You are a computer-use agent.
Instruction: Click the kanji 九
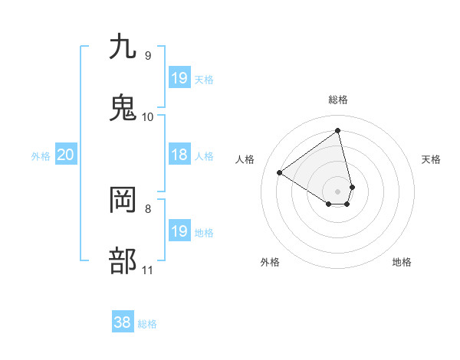click(123, 47)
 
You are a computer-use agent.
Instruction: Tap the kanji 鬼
click(123, 108)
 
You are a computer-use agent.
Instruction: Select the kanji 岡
click(123, 200)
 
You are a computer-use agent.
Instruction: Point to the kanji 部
click(123, 261)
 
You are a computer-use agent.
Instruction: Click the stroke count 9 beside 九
click(148, 56)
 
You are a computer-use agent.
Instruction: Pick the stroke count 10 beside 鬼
click(148, 117)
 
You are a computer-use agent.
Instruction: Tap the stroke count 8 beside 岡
click(148, 208)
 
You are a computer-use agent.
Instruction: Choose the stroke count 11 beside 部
click(148, 270)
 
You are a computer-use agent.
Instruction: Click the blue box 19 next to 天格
click(179, 78)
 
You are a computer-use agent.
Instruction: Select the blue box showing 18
click(179, 155)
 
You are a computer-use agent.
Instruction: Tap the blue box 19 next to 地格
click(179, 231)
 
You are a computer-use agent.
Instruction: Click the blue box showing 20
click(65, 155)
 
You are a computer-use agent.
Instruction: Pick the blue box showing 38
click(123, 322)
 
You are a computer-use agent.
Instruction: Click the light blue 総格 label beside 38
click(147, 324)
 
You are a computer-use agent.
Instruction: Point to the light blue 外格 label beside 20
click(41, 156)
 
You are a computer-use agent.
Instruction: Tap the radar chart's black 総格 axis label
click(338, 100)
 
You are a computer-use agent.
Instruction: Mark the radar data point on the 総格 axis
click(338, 130)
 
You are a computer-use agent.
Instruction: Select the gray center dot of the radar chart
click(338, 191)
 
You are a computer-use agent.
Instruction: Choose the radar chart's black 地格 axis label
click(402, 262)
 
